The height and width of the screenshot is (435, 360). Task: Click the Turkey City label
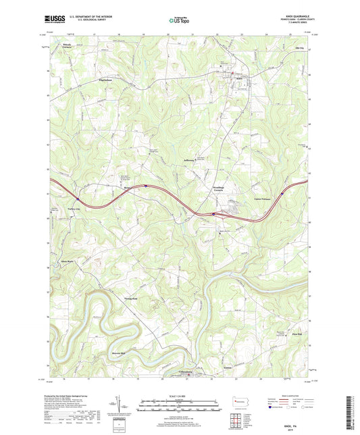click(x=83, y=208)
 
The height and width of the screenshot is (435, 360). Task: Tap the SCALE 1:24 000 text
click(x=180, y=396)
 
